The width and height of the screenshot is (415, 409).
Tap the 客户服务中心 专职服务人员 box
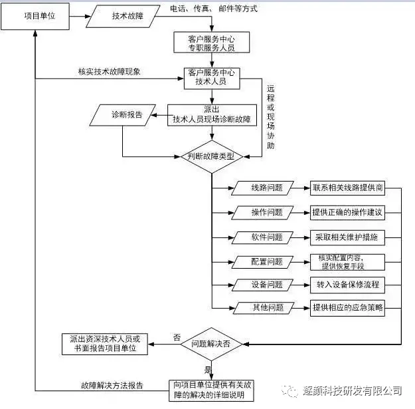point(211,43)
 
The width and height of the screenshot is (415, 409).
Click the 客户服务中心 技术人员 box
point(211,77)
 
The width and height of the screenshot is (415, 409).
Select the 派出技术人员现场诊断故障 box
point(211,114)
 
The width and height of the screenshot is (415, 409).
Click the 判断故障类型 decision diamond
point(211,157)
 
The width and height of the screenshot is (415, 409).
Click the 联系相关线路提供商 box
point(347,188)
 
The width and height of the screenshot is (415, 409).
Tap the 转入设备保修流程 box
point(347,285)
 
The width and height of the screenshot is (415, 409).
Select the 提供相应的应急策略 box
point(347,308)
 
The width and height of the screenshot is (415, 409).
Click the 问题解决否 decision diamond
point(211,344)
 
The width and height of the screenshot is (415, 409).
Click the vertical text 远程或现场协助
point(270,116)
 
